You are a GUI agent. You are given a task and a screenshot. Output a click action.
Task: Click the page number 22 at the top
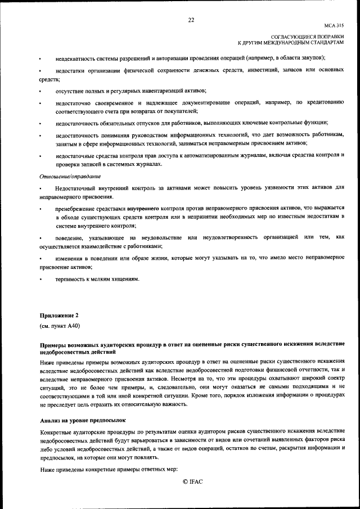click(191, 20)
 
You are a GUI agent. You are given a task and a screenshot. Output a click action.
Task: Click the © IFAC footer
click(192, 482)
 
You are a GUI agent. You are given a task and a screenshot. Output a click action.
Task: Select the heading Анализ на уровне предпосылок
click(83, 420)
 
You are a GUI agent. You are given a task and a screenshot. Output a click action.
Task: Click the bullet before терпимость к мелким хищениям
click(40, 280)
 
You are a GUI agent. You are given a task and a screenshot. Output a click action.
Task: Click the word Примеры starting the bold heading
click(54, 343)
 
